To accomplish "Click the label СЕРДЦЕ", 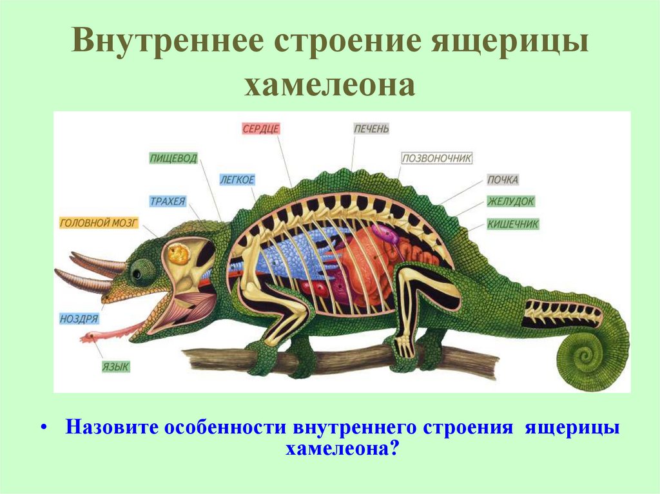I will (261, 128).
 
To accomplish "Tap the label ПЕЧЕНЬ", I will (371, 128).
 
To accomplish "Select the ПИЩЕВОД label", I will (173, 158).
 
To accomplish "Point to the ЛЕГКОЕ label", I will (237, 180).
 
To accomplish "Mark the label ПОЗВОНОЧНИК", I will (437, 158).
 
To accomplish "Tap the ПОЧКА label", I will (503, 180).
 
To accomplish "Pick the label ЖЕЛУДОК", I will (510, 202).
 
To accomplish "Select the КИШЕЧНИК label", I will (513, 224).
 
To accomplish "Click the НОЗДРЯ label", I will (79, 318).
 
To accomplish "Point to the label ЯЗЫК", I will (116, 366).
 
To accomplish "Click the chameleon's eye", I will (137, 273).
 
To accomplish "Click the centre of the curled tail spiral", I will (588, 354).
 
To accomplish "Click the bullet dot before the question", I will (44, 428).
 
